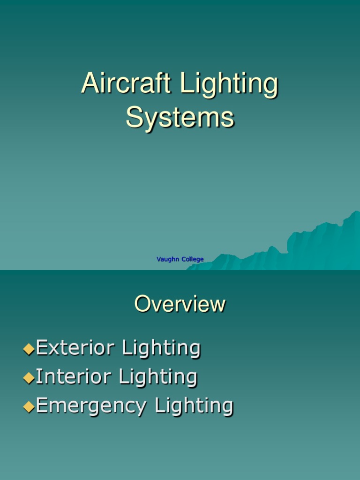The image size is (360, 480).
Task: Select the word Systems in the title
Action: point(180,117)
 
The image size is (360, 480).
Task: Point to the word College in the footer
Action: point(193,259)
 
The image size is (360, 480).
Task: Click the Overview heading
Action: point(180,304)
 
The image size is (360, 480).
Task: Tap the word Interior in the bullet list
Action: point(73,377)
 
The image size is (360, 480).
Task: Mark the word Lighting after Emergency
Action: point(194,406)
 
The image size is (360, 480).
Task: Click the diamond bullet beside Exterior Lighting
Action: point(29,349)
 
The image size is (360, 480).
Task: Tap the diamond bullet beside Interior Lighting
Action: point(29,377)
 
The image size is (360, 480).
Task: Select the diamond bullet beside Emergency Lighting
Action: point(29,406)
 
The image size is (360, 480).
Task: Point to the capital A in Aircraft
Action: point(89,84)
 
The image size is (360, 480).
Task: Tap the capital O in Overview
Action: point(143,304)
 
